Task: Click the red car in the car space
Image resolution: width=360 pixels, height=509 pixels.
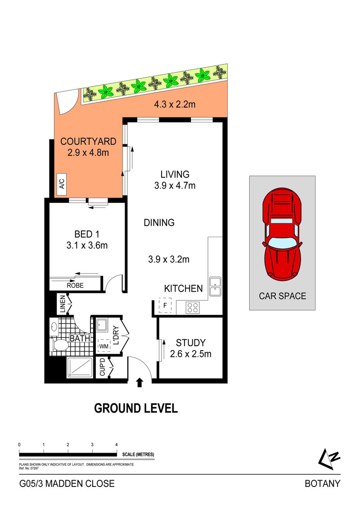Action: point(282,234)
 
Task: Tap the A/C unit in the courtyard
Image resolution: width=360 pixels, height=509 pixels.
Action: point(62,184)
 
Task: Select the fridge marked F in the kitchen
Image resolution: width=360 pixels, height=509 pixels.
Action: point(165,306)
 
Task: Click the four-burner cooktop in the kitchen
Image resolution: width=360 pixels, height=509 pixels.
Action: point(193,307)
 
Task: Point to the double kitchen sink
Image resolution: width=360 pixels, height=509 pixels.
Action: point(215,286)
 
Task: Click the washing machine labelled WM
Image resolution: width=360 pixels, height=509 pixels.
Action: point(104,346)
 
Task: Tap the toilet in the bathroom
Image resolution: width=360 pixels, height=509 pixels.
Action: point(60,345)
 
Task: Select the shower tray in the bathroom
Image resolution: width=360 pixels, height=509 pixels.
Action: point(80,368)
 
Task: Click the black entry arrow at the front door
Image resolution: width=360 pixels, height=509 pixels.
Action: point(139,383)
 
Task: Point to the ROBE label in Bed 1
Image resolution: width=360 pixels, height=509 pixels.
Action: point(75,285)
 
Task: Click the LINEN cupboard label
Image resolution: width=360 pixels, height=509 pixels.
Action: point(63,304)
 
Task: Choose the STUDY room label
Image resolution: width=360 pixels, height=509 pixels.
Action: point(191,343)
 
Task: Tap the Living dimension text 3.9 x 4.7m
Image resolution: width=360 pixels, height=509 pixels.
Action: point(175,186)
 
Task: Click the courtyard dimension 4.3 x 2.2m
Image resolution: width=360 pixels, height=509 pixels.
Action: point(175,104)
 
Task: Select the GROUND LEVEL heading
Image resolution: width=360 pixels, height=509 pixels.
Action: point(136,408)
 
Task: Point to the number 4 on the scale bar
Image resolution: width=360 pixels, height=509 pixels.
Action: point(117,445)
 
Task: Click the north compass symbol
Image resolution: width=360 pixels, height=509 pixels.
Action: point(329,459)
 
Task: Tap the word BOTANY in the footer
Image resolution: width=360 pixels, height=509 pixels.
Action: point(322,484)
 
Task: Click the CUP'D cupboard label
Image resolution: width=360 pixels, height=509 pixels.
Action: point(103,367)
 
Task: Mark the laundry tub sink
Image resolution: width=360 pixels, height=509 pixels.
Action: point(102,325)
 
